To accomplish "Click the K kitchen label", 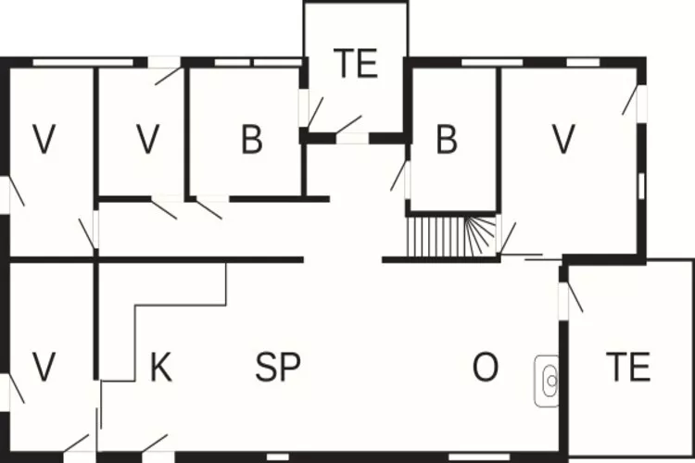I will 160,368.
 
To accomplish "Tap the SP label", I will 278,368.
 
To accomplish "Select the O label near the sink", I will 485,368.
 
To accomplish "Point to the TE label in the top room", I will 356,64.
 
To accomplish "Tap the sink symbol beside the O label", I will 548,380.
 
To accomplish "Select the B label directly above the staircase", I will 448,141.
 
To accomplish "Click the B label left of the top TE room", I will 251,141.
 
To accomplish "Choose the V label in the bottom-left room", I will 44,368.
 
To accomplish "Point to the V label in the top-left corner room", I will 44,141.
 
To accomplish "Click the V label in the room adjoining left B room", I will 146,141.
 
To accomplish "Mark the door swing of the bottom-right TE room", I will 574,296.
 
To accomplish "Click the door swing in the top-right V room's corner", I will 632,99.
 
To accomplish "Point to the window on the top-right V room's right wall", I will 641,183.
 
